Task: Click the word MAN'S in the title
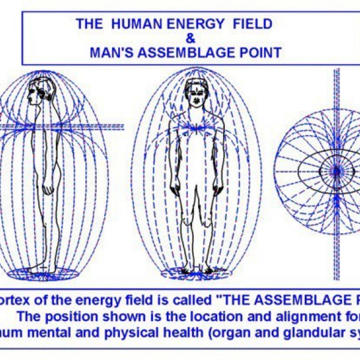click(114, 52)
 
